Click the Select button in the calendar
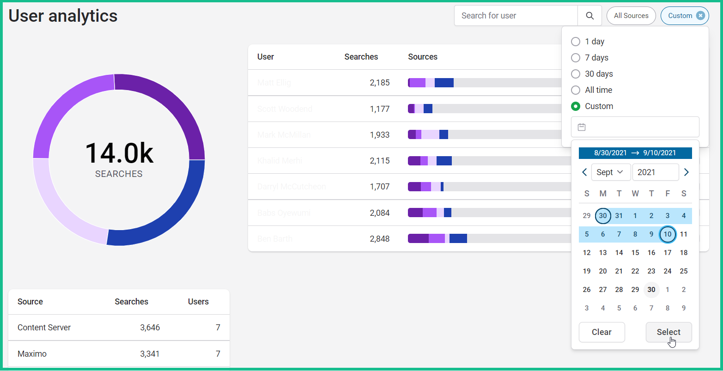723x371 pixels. (x=668, y=332)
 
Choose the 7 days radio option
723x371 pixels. (x=576, y=58)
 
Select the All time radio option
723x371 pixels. (x=576, y=90)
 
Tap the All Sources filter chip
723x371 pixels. (x=631, y=16)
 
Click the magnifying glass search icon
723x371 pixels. (x=589, y=16)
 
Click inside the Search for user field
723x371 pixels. (x=515, y=16)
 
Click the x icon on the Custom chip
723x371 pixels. (x=700, y=16)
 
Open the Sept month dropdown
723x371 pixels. (x=610, y=172)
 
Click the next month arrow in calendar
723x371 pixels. (x=686, y=172)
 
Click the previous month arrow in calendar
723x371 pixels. (x=584, y=172)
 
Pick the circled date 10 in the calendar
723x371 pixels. (x=668, y=234)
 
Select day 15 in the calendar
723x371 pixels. (x=635, y=253)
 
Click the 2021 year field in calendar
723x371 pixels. (x=655, y=172)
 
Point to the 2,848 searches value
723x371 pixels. (x=380, y=239)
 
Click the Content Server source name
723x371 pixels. (x=44, y=328)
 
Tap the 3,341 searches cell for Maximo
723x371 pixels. (x=150, y=354)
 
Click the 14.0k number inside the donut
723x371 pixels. (x=119, y=153)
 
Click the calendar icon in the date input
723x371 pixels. (x=582, y=127)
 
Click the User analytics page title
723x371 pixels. (x=63, y=16)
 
